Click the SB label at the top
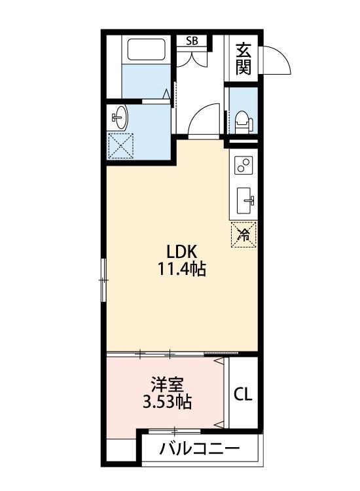click(192, 41)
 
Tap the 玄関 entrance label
click(243, 58)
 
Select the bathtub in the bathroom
click(147, 49)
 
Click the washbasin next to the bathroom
click(119, 117)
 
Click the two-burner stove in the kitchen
click(243, 165)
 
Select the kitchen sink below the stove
click(244, 200)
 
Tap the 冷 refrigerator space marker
click(243, 234)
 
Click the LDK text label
click(181, 251)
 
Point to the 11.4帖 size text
click(181, 268)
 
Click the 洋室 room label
click(167, 385)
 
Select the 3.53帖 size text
click(167, 402)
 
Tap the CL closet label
click(243, 394)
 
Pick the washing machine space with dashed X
click(120, 146)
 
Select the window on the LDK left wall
click(103, 280)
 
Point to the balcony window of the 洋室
click(174, 431)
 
